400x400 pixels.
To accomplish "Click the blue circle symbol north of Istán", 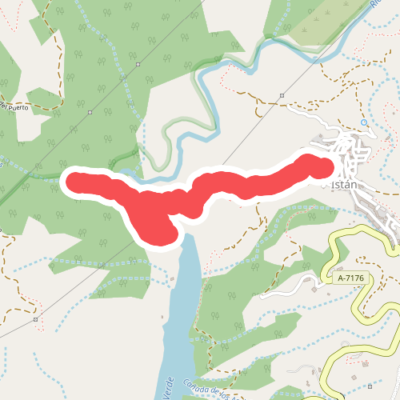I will (364, 122).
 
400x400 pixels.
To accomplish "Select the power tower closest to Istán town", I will (282, 96).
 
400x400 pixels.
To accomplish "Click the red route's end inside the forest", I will (74, 181).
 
